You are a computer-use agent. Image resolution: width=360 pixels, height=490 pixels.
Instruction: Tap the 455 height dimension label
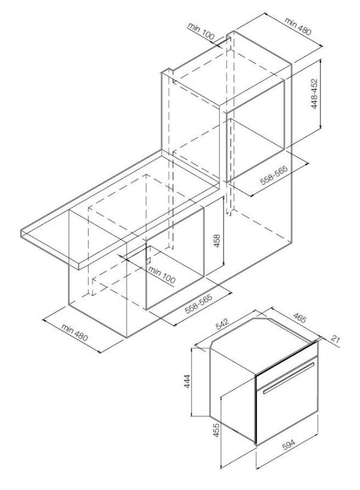tap(216, 430)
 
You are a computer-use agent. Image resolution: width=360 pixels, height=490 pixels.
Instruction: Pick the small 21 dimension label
tap(335, 339)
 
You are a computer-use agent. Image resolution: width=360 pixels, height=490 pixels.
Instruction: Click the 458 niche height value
tap(216, 241)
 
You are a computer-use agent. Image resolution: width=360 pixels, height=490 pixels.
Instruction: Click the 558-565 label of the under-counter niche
tap(199, 303)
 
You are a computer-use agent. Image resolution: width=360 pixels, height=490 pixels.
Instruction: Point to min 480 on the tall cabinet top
tap(298, 26)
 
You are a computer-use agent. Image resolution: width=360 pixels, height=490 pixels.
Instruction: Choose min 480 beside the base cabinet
tap(75, 332)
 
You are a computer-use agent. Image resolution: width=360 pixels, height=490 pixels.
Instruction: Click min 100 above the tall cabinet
tap(201, 32)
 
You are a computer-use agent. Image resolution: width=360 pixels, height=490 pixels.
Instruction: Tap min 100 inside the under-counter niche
tap(161, 275)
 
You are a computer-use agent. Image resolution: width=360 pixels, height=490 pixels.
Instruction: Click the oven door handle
tap(288, 379)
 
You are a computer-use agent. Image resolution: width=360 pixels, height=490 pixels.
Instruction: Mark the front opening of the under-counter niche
tap(175, 257)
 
